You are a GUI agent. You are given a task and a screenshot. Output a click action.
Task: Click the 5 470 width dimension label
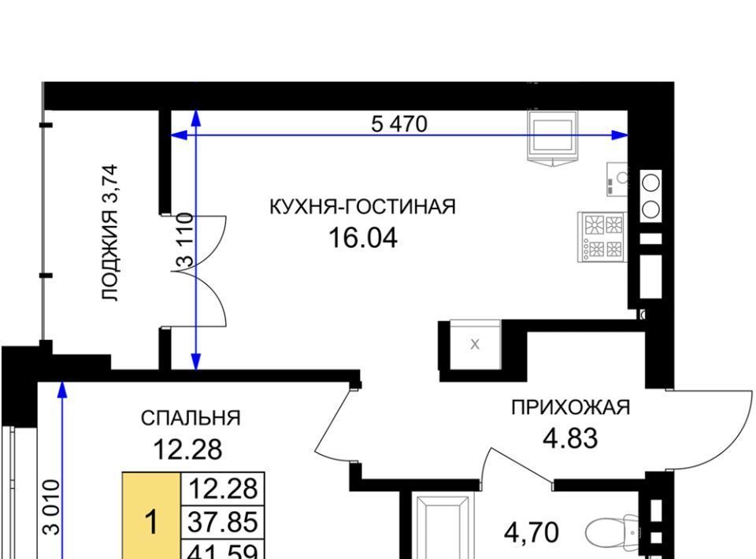click(x=398, y=124)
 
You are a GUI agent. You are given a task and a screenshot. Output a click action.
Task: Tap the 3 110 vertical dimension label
click(x=185, y=240)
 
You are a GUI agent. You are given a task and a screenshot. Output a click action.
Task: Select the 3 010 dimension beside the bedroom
click(x=51, y=507)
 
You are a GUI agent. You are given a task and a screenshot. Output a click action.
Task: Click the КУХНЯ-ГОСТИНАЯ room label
click(x=362, y=207)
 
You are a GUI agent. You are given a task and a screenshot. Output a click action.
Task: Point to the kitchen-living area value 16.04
click(x=362, y=238)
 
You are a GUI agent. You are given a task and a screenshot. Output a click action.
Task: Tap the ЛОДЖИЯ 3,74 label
click(x=109, y=233)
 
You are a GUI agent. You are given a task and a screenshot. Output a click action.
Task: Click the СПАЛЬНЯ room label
click(x=191, y=418)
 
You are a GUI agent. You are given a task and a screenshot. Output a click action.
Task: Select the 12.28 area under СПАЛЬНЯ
click(x=187, y=450)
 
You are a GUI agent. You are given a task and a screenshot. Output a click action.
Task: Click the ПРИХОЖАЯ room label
click(x=570, y=408)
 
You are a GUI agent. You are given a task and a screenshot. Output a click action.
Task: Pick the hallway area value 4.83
click(x=570, y=439)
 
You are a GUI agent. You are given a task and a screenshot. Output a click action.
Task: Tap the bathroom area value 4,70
click(x=532, y=532)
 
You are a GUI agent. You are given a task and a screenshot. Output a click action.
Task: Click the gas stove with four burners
click(x=602, y=237)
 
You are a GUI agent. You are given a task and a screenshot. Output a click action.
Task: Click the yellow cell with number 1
click(x=151, y=516)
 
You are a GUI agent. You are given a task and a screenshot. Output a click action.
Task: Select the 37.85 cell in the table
click(x=223, y=522)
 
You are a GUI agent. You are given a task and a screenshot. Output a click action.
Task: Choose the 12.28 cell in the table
click(x=223, y=489)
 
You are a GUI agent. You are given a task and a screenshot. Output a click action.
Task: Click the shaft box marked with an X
click(x=476, y=345)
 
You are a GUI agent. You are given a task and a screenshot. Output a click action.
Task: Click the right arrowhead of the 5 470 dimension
click(x=620, y=135)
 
